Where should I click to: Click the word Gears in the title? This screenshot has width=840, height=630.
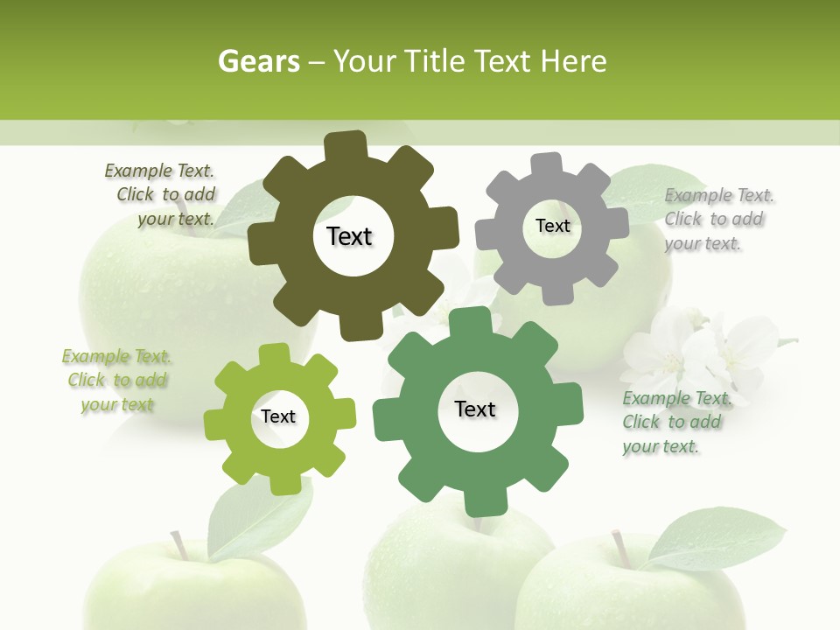point(258,61)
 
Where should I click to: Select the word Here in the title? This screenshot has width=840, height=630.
point(572,61)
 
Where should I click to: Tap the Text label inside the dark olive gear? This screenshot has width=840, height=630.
point(349,236)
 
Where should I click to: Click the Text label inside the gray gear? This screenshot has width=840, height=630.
point(552,226)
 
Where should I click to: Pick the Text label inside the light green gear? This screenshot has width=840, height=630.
point(278,416)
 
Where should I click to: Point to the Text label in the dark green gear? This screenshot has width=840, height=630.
point(475,409)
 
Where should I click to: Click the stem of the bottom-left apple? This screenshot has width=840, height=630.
point(179,545)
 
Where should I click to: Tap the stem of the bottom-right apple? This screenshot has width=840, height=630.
point(621,548)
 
